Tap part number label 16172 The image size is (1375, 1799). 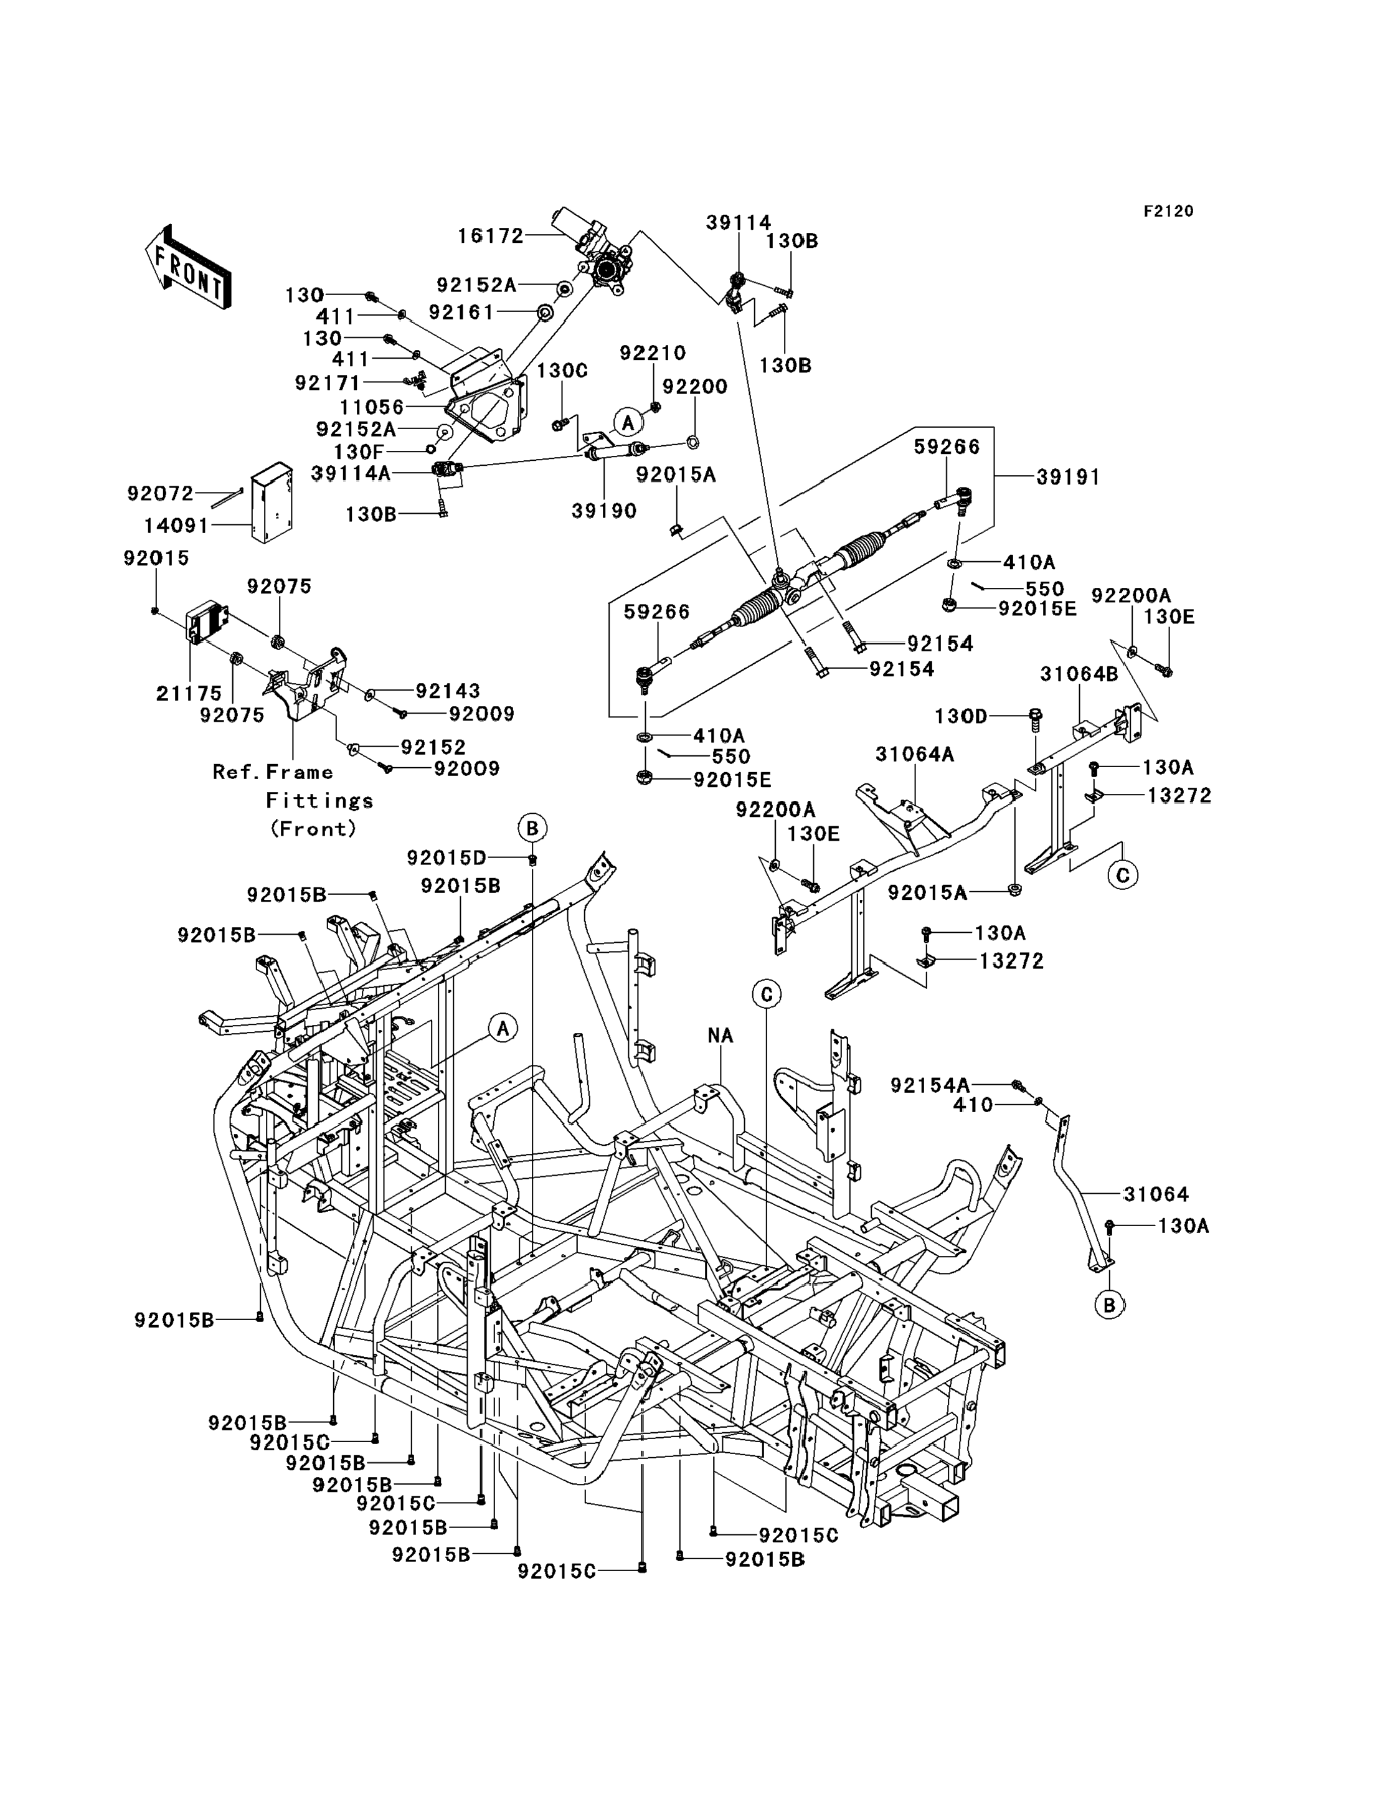point(490,236)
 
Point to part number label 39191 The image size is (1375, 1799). point(1068,477)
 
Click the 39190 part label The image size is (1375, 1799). point(604,511)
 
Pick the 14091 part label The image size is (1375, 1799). point(176,526)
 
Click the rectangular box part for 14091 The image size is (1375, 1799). point(272,503)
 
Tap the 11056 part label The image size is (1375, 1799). point(372,407)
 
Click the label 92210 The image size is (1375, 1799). point(652,352)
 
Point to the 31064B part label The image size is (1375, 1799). point(1079,674)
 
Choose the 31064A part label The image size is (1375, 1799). point(915,754)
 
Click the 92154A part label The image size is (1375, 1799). point(930,1085)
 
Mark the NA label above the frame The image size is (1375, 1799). point(721,1036)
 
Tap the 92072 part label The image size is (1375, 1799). point(161,494)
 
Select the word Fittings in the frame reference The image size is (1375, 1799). point(319,800)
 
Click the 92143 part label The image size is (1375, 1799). point(448,691)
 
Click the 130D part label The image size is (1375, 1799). point(961,716)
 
